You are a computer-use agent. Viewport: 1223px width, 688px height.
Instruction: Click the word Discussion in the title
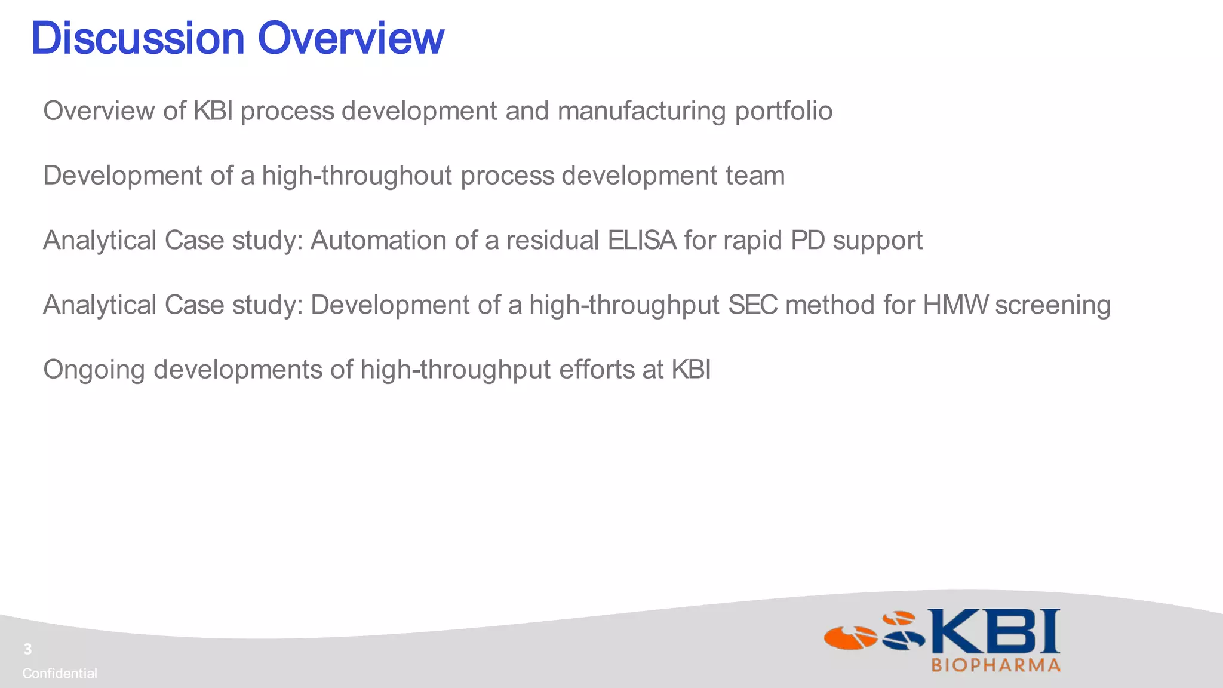click(137, 38)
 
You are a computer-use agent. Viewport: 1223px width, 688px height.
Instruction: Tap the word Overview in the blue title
click(351, 38)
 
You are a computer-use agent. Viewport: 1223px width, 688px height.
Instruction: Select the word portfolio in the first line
click(783, 111)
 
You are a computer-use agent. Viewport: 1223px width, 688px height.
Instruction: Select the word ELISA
click(642, 240)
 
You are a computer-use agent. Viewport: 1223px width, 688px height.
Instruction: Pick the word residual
click(552, 240)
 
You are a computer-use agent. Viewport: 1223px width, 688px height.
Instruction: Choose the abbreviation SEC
click(753, 305)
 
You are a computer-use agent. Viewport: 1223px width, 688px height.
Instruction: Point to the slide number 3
click(27, 649)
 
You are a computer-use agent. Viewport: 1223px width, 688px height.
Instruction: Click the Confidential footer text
click(60, 674)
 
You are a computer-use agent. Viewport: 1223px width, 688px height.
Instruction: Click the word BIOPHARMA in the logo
click(995, 665)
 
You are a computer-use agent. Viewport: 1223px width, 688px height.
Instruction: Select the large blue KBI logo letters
click(993, 631)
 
